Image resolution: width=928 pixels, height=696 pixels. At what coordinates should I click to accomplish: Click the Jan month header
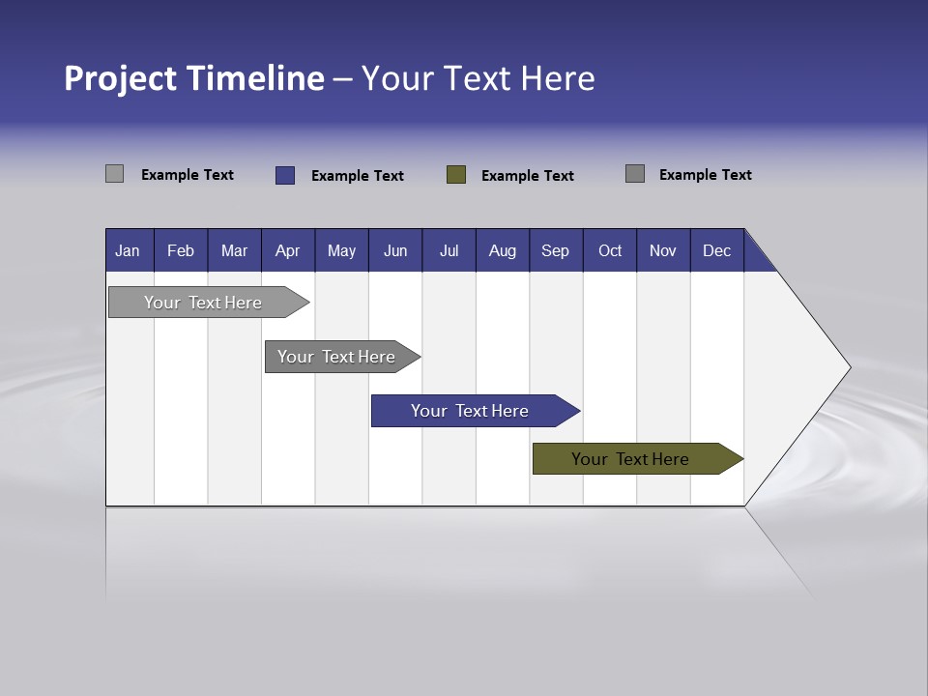pyautogui.click(x=129, y=250)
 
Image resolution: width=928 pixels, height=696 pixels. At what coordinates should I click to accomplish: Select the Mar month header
pyautogui.click(x=234, y=250)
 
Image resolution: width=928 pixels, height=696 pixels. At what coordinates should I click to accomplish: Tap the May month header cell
pyautogui.click(x=341, y=250)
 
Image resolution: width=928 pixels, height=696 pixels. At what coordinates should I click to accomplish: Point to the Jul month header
pyautogui.click(x=449, y=250)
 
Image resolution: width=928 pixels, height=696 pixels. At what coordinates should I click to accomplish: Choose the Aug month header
pyautogui.click(x=502, y=250)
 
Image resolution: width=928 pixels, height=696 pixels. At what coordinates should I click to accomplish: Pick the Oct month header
pyautogui.click(x=610, y=250)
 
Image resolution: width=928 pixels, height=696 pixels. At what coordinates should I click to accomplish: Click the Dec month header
pyautogui.click(x=716, y=250)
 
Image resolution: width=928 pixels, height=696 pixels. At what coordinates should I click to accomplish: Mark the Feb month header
pyautogui.click(x=181, y=250)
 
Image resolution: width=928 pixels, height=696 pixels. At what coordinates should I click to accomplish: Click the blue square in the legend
pyautogui.click(x=285, y=175)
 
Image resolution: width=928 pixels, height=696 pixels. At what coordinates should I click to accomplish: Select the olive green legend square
pyautogui.click(x=456, y=175)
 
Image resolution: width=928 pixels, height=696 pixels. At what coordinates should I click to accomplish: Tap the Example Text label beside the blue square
pyautogui.click(x=358, y=176)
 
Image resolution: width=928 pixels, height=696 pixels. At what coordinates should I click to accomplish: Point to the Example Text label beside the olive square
pyautogui.click(x=528, y=176)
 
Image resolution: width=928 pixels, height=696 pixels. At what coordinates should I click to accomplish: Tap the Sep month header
pyautogui.click(x=555, y=250)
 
